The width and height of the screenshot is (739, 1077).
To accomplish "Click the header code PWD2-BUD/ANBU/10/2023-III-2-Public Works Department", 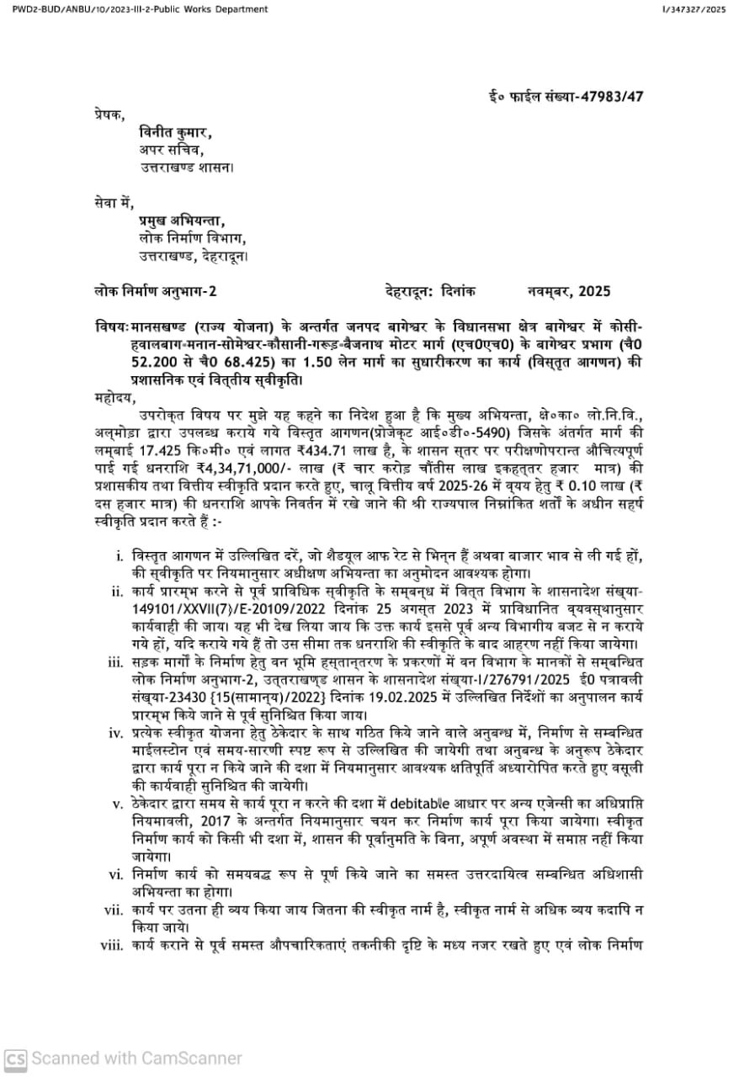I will point(140,9).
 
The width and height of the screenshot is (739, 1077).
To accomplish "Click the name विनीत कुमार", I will point(174,132).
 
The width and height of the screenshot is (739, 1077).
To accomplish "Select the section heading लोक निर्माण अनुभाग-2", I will point(155,292).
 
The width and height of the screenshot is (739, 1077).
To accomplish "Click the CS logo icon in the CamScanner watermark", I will point(15,1058).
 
